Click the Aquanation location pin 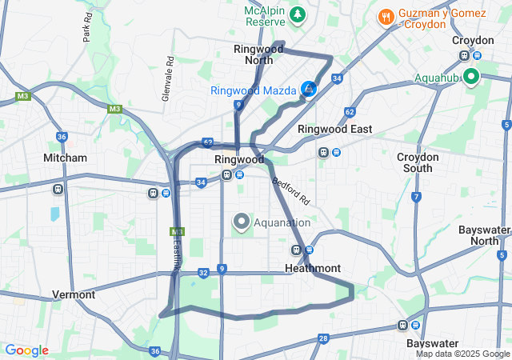[x=241, y=221]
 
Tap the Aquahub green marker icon [x=471, y=77]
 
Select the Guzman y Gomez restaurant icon [x=386, y=16]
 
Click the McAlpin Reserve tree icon [x=298, y=14]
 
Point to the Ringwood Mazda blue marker [x=309, y=90]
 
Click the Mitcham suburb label [x=65, y=158]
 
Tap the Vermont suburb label [x=74, y=294]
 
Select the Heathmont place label [x=313, y=268]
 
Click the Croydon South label [x=418, y=162]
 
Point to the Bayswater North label [x=484, y=235]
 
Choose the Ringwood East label [x=334, y=129]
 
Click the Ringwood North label [x=258, y=54]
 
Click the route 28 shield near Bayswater [x=322, y=338]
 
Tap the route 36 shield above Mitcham [x=62, y=137]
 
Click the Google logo [x=26, y=350]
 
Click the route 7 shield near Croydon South [x=416, y=197]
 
